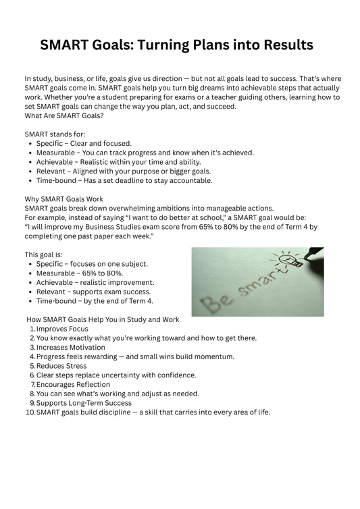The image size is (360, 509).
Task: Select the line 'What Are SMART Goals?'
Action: tap(64, 115)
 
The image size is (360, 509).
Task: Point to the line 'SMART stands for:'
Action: tap(55, 134)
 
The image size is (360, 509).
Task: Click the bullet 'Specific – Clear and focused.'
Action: tap(84, 143)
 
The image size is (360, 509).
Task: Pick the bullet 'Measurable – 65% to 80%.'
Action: tap(80, 273)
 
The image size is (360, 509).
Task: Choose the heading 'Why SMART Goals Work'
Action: tap(63, 199)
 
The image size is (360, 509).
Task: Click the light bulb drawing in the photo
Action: tap(286, 260)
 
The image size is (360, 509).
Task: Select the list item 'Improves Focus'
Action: tap(62, 329)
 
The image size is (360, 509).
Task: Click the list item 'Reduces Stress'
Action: tap(61, 366)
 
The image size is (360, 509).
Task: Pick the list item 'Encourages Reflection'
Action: tap(75, 384)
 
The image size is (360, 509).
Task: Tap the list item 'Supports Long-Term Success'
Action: tap(84, 403)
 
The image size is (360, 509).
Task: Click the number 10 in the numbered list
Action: tap(30, 412)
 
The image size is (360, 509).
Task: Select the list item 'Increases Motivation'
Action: tap(71, 348)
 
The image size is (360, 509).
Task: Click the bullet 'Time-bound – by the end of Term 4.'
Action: tap(95, 301)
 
